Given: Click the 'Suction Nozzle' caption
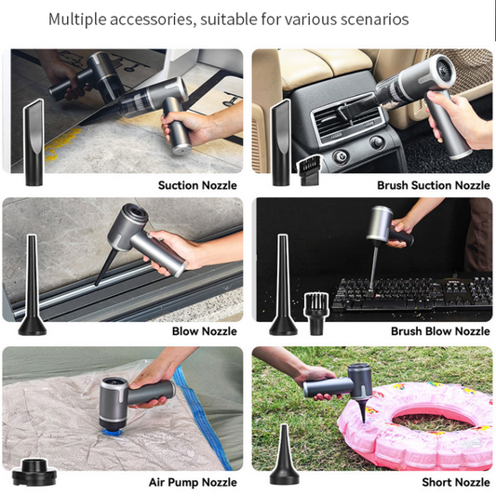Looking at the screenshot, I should pyautogui.click(x=197, y=185).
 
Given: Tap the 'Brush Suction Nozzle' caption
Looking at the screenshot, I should pyautogui.click(x=433, y=185).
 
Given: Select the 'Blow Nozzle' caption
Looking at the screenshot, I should pyautogui.click(x=204, y=331).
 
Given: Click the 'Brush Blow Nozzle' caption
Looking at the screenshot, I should pyautogui.click(x=440, y=331).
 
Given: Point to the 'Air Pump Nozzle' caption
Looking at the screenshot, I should pyautogui.click(x=193, y=482).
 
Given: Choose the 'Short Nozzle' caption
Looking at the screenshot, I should pyautogui.click(x=455, y=482).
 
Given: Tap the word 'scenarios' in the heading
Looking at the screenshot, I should pyautogui.click(x=371, y=20).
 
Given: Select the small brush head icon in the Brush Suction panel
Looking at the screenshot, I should pyautogui.click(x=309, y=168).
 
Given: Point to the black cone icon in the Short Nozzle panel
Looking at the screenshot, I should pyautogui.click(x=284, y=456).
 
